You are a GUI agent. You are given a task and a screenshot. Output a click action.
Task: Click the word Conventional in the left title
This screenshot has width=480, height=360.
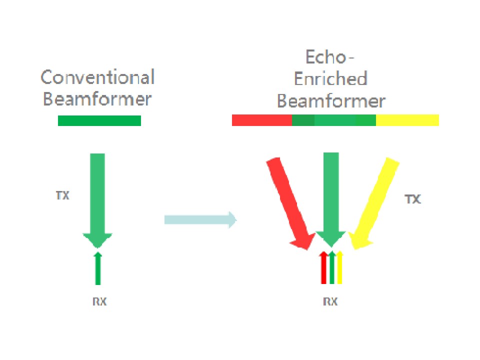(x=97, y=78)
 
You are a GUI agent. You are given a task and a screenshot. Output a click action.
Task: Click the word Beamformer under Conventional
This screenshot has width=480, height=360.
(x=97, y=99)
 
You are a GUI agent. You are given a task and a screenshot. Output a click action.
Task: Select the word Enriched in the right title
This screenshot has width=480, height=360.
(x=330, y=79)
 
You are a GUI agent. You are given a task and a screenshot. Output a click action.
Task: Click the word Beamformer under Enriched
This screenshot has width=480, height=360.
(x=331, y=101)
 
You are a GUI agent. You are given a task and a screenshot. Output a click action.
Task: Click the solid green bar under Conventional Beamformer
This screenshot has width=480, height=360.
(x=99, y=120)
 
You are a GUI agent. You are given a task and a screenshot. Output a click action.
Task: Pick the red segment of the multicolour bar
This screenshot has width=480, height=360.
(x=261, y=120)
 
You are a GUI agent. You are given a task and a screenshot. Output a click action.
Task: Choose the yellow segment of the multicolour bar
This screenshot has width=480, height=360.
(x=407, y=120)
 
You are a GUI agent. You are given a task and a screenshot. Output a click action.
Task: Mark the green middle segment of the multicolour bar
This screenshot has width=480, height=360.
(x=334, y=120)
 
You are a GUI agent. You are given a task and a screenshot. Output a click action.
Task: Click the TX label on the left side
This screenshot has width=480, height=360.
(x=62, y=195)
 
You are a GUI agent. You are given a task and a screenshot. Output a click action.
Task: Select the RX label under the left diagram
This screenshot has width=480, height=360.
(x=99, y=301)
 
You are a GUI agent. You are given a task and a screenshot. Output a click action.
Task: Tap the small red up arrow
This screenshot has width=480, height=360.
(x=323, y=268)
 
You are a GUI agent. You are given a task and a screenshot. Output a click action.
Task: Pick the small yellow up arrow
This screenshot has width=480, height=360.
(x=339, y=268)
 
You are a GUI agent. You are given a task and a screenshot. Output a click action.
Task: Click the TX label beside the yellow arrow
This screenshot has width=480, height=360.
(x=412, y=199)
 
